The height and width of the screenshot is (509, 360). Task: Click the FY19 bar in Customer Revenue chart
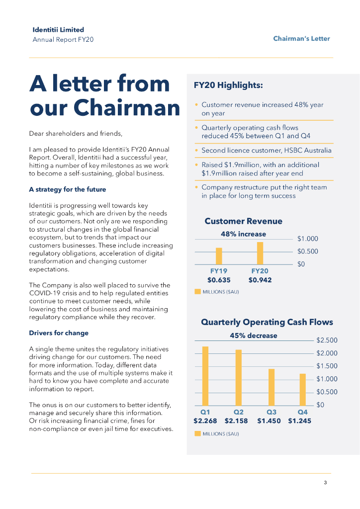click(219, 256)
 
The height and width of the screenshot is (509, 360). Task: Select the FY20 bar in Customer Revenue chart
click(260, 253)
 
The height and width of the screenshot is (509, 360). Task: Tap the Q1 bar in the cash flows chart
click(205, 376)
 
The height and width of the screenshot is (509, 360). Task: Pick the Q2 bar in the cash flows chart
click(239, 377)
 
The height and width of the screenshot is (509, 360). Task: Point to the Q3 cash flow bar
click(271, 387)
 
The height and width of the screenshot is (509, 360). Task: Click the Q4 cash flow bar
click(302, 389)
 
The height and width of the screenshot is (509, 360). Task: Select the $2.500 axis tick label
click(327, 340)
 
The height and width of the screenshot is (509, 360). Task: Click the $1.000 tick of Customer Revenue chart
click(307, 239)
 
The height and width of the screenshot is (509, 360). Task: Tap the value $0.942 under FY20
click(260, 280)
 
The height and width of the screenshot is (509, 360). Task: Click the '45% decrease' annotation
click(253, 336)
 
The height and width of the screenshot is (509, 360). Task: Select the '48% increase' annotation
click(243, 234)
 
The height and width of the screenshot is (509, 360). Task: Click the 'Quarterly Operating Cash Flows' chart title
click(267, 322)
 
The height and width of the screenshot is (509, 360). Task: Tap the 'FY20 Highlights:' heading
click(228, 85)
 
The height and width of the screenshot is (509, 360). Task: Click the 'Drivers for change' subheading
click(59, 333)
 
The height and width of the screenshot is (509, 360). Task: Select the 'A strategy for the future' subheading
click(67, 189)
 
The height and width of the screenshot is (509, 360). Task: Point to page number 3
click(325, 483)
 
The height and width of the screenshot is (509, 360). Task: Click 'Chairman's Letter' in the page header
click(301, 38)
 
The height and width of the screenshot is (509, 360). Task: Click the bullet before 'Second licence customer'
click(196, 150)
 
